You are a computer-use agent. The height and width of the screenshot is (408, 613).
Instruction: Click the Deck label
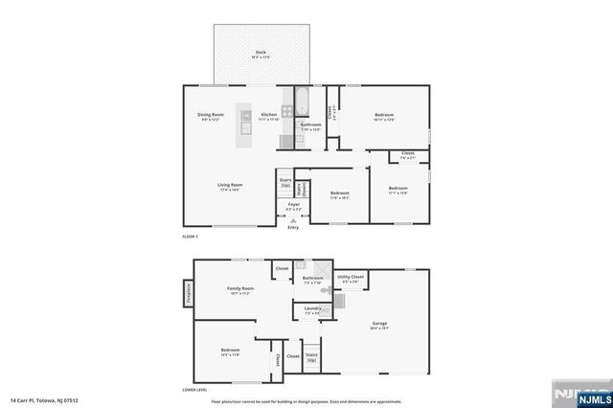(x=261, y=54)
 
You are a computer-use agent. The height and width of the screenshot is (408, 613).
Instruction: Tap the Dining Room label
(x=210, y=116)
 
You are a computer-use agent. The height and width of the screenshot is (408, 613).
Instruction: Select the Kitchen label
(x=269, y=116)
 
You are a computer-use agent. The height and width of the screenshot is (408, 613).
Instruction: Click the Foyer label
(x=294, y=206)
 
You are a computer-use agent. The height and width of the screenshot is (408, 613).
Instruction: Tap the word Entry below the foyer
(x=293, y=227)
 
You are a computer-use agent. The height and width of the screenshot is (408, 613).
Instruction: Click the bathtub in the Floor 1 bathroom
(x=300, y=101)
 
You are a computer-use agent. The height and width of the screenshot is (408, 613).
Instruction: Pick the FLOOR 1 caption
(x=190, y=237)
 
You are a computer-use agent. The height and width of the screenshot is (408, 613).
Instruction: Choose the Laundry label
(x=312, y=310)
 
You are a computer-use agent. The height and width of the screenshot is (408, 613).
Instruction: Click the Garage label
(x=379, y=325)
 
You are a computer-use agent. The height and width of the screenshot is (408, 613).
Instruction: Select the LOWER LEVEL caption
(x=195, y=390)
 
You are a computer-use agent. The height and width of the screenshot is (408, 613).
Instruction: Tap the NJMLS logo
(x=579, y=395)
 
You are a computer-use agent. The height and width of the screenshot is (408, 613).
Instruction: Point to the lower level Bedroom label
(x=230, y=351)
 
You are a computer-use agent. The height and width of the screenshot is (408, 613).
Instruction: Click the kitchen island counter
(x=246, y=122)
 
